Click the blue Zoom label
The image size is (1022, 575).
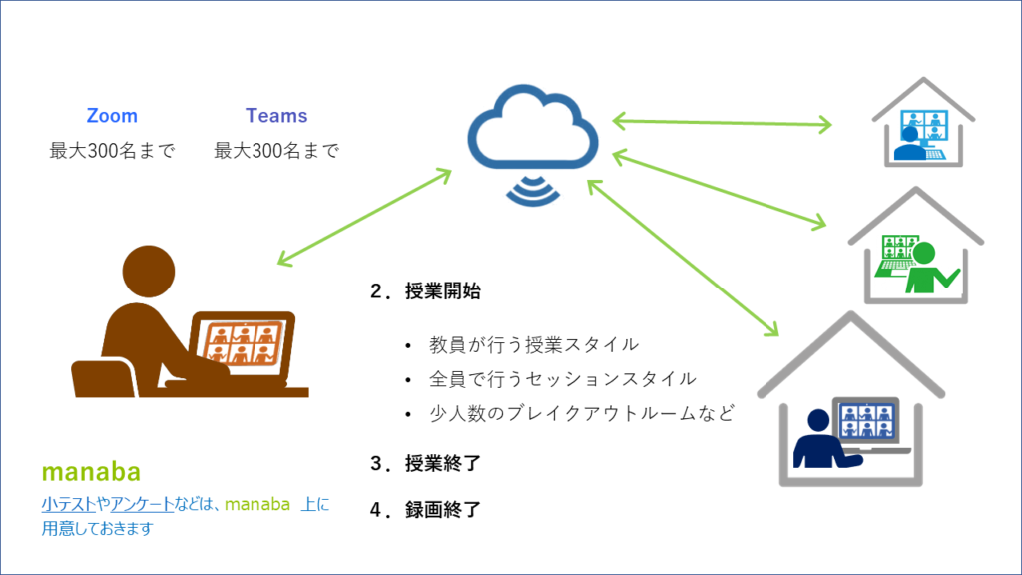[x=112, y=116]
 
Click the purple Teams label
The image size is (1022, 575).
[x=276, y=116]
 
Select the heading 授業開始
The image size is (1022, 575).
[x=443, y=292]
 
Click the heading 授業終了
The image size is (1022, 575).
[x=443, y=464]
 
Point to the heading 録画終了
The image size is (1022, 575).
[x=443, y=510]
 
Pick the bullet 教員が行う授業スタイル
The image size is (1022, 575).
[x=533, y=345]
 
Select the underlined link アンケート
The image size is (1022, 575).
[x=142, y=505]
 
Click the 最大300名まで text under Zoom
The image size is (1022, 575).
[x=112, y=152]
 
